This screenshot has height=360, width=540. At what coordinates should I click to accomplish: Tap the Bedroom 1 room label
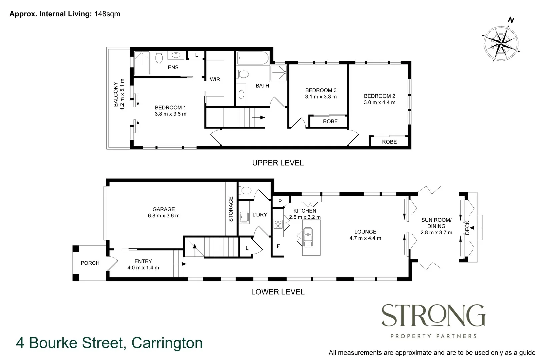pyautogui.click(x=170, y=107)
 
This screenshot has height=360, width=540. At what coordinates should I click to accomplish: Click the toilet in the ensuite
pyautogui.click(x=159, y=58)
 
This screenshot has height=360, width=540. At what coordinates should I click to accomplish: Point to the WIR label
pyautogui.click(x=215, y=79)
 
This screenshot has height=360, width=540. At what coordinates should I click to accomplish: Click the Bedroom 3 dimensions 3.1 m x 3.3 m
pyautogui.click(x=321, y=97)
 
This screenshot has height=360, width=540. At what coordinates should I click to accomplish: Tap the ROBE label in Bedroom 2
pyautogui.click(x=389, y=142)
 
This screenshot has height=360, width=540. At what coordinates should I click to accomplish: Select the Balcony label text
pyautogui.click(x=116, y=94)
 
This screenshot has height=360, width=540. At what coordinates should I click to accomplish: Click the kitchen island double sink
pyautogui.click(x=308, y=237)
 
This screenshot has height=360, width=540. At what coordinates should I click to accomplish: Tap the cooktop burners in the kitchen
pyautogui.click(x=278, y=224)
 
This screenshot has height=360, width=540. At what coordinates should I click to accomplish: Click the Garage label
pyautogui.click(x=163, y=209)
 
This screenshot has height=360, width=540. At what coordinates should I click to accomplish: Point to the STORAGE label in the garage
pyautogui.click(x=231, y=209)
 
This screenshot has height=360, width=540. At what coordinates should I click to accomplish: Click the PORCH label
pyautogui.click(x=90, y=263)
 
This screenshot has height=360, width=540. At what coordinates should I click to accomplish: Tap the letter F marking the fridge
pyautogui.click(x=278, y=246)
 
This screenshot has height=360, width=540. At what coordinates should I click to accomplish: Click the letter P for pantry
pyautogui.click(x=280, y=201)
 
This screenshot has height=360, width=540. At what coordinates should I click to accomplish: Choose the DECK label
pyautogui.click(x=467, y=227)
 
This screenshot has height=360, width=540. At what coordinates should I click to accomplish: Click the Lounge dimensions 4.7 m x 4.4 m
pyautogui.click(x=365, y=238)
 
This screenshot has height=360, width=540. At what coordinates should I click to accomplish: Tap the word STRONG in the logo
pyautogui.click(x=433, y=315)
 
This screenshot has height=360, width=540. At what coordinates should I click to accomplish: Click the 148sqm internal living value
pyautogui.click(x=107, y=14)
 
